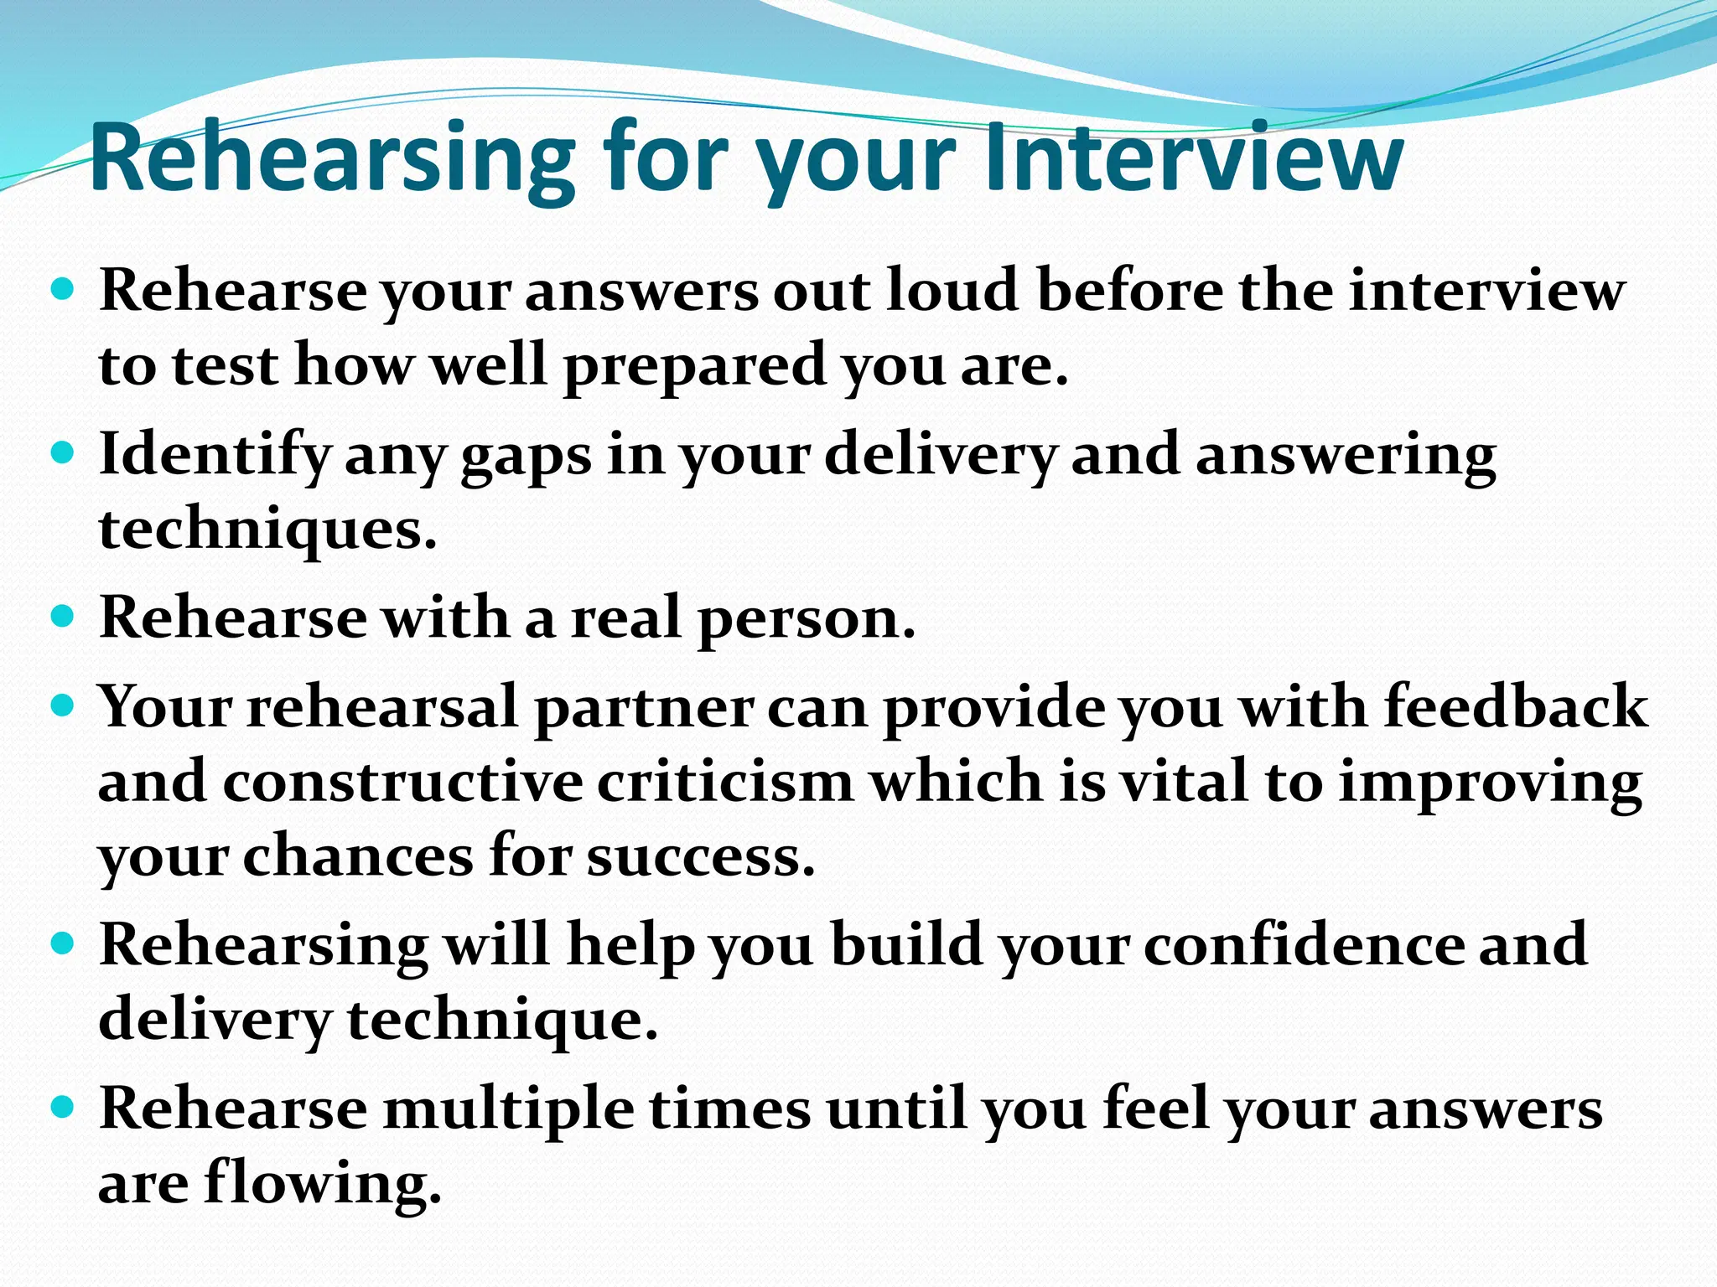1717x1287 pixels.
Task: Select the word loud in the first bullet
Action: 953,290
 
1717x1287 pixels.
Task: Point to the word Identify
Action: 215,455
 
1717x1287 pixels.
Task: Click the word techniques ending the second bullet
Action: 267,529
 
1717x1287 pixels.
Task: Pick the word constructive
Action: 402,781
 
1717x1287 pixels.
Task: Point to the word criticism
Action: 725,781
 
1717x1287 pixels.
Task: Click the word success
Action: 701,856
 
